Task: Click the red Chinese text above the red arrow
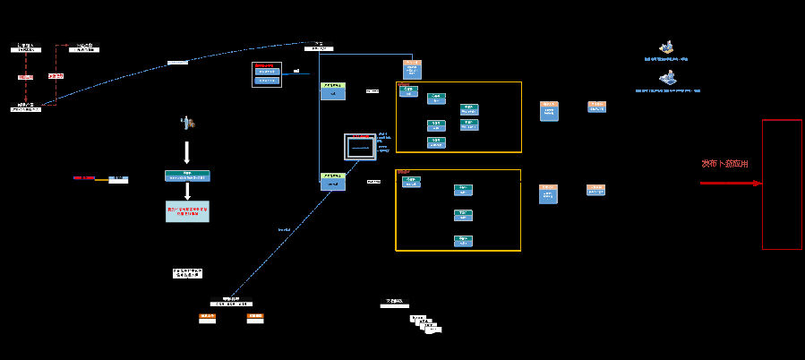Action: click(x=724, y=164)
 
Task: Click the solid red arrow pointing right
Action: click(x=731, y=184)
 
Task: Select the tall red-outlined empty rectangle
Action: click(x=782, y=184)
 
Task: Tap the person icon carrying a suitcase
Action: click(x=188, y=122)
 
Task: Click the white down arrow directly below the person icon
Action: click(x=187, y=151)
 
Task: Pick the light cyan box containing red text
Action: click(x=187, y=211)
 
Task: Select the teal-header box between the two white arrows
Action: click(x=187, y=176)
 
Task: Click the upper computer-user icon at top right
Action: click(x=665, y=47)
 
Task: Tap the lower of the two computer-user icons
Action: click(x=667, y=80)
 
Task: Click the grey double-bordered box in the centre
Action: click(x=361, y=146)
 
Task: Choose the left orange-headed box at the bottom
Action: click(x=208, y=318)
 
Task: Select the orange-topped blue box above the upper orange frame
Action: click(x=412, y=70)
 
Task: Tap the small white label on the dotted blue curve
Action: click(x=178, y=63)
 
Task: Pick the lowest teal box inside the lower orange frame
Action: click(x=463, y=241)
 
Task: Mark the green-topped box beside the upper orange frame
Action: click(x=332, y=90)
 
